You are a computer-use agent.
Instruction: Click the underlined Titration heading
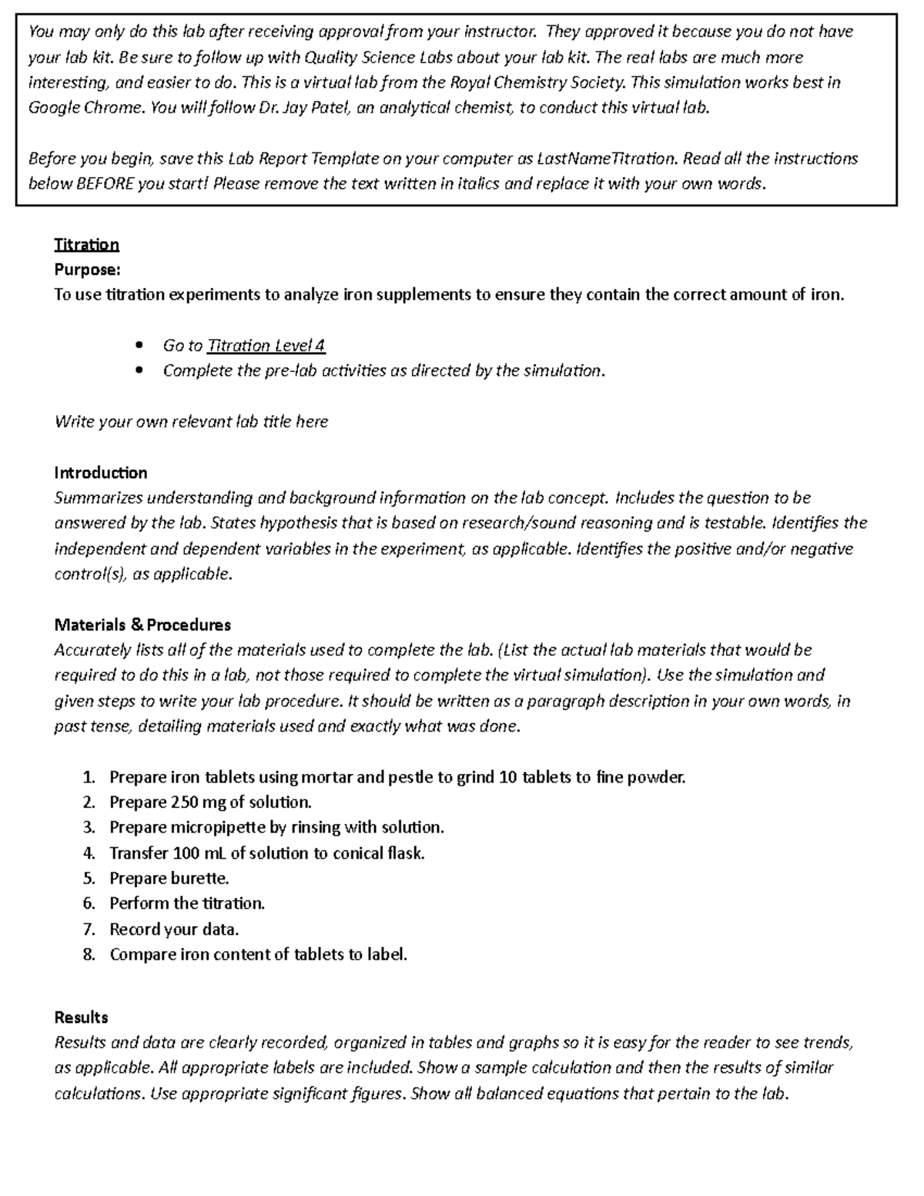click(86, 245)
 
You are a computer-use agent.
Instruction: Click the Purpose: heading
click(87, 270)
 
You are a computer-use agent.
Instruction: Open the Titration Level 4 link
click(266, 346)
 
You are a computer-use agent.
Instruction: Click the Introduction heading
click(100, 473)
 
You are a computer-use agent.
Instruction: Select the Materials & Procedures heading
click(142, 625)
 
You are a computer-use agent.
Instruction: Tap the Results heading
click(81, 1017)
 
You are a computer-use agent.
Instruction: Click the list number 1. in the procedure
click(89, 777)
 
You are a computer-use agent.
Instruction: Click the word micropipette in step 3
click(217, 828)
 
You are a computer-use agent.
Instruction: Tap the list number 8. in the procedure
click(89, 955)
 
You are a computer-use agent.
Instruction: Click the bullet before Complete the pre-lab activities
click(139, 371)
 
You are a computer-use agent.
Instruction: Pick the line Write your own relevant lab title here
click(191, 422)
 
